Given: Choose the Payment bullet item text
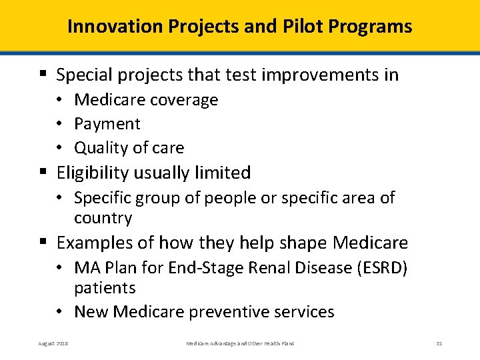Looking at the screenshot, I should tap(107, 124).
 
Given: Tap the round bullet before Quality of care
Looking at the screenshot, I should tap(61, 148).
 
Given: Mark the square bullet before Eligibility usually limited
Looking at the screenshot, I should tap(43, 173).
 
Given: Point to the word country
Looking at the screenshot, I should tap(103, 219).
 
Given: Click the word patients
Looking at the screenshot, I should tap(105, 288).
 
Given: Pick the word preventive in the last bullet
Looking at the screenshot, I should tap(225, 312).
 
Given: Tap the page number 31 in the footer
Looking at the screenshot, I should tap(439, 343).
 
